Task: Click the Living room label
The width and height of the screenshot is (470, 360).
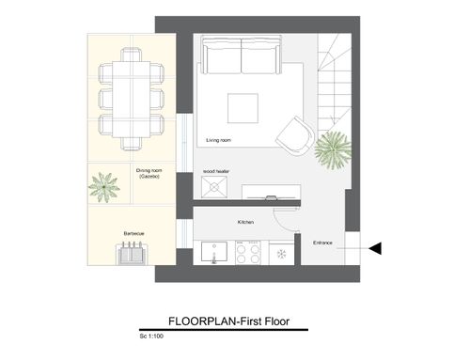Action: coord(218,140)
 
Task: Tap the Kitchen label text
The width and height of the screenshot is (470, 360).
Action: coord(245,222)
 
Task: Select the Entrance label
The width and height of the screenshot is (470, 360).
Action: coord(322,243)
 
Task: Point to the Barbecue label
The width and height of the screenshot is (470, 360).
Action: coord(133,233)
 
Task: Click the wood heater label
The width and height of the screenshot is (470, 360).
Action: coord(216,171)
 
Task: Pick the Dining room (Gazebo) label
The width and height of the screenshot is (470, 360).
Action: coord(149,173)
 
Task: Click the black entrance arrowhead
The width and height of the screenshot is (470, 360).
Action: coord(375,248)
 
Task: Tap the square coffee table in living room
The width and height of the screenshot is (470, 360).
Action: coord(243,108)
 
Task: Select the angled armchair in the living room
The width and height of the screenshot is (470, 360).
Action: coord(295,136)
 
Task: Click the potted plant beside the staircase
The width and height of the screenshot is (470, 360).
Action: coord(333,149)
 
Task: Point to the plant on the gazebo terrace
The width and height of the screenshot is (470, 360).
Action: coord(104,187)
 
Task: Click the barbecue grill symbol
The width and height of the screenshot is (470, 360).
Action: coord(132,253)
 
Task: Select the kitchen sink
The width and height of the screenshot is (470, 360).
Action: coord(214,252)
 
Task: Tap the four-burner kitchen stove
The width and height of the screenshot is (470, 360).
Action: coord(248,253)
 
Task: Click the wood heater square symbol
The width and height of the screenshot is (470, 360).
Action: coord(214,187)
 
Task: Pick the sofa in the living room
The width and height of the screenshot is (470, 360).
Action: coord(242,55)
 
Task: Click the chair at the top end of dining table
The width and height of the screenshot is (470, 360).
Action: coord(132,55)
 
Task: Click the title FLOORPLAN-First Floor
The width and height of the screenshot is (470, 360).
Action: coord(228,321)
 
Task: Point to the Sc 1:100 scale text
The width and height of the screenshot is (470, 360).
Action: coord(151,337)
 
